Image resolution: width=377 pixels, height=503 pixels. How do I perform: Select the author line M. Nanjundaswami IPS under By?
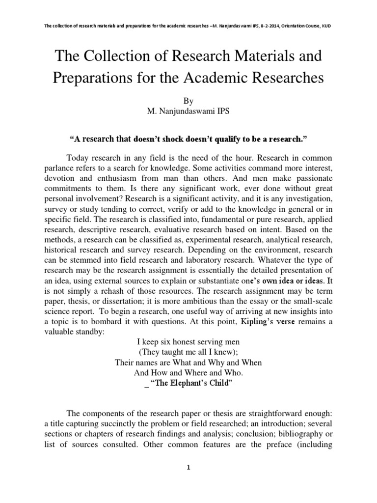click(188, 111)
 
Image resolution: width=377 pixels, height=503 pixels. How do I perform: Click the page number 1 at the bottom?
click(188, 468)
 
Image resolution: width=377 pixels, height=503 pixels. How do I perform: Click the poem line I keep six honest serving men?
click(188, 342)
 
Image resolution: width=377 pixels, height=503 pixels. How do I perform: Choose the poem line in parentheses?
click(188, 353)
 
